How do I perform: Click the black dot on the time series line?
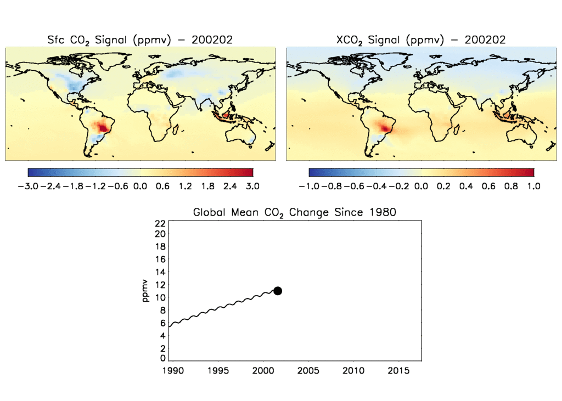[278, 291]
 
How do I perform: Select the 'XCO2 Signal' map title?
[420, 39]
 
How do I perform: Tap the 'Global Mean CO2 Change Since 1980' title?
[294, 212]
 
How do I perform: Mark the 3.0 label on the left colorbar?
[252, 186]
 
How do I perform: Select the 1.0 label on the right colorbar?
[533, 186]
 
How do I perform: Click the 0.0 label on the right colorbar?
[421, 186]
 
